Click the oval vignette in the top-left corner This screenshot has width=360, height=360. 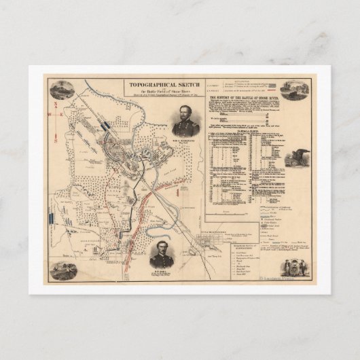coord(62,90)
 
